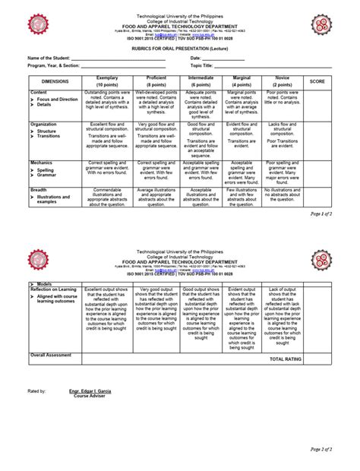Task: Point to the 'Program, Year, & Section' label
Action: pos(55,65)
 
